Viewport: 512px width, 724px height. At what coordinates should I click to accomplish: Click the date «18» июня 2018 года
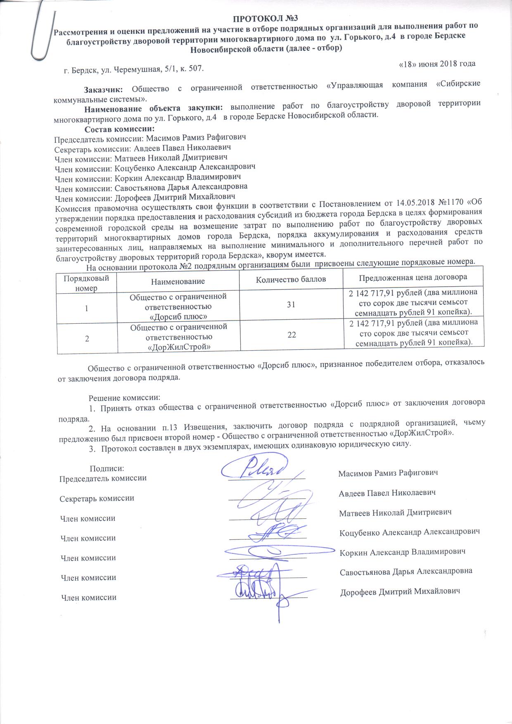click(x=437, y=64)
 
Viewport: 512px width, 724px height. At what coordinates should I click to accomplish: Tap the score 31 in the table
click(x=291, y=304)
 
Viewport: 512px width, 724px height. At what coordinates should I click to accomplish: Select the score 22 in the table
click(x=292, y=335)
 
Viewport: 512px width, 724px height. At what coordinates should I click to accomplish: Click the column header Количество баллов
click(x=291, y=279)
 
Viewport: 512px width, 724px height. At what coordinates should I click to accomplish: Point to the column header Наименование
click(x=178, y=281)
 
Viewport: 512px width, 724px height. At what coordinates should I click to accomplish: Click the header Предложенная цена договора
click(x=413, y=277)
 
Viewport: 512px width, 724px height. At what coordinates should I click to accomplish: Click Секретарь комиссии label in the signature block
click(x=97, y=498)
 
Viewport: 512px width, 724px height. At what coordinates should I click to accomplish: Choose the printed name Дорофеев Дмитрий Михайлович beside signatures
click(x=400, y=591)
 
